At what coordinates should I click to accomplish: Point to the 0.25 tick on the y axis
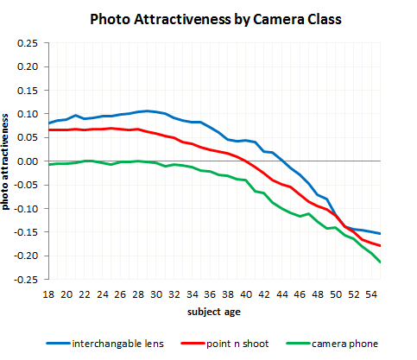tap(28, 43)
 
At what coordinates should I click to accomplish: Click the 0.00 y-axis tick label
tap(28, 161)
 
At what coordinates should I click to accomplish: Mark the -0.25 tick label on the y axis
tap(27, 280)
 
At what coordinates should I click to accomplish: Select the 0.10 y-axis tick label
tap(28, 114)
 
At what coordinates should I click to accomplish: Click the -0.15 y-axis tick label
tap(27, 232)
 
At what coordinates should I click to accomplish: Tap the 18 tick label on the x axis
tap(48, 294)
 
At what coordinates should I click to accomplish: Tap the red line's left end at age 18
tap(48, 129)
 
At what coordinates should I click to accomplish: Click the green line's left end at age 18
tap(48, 164)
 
